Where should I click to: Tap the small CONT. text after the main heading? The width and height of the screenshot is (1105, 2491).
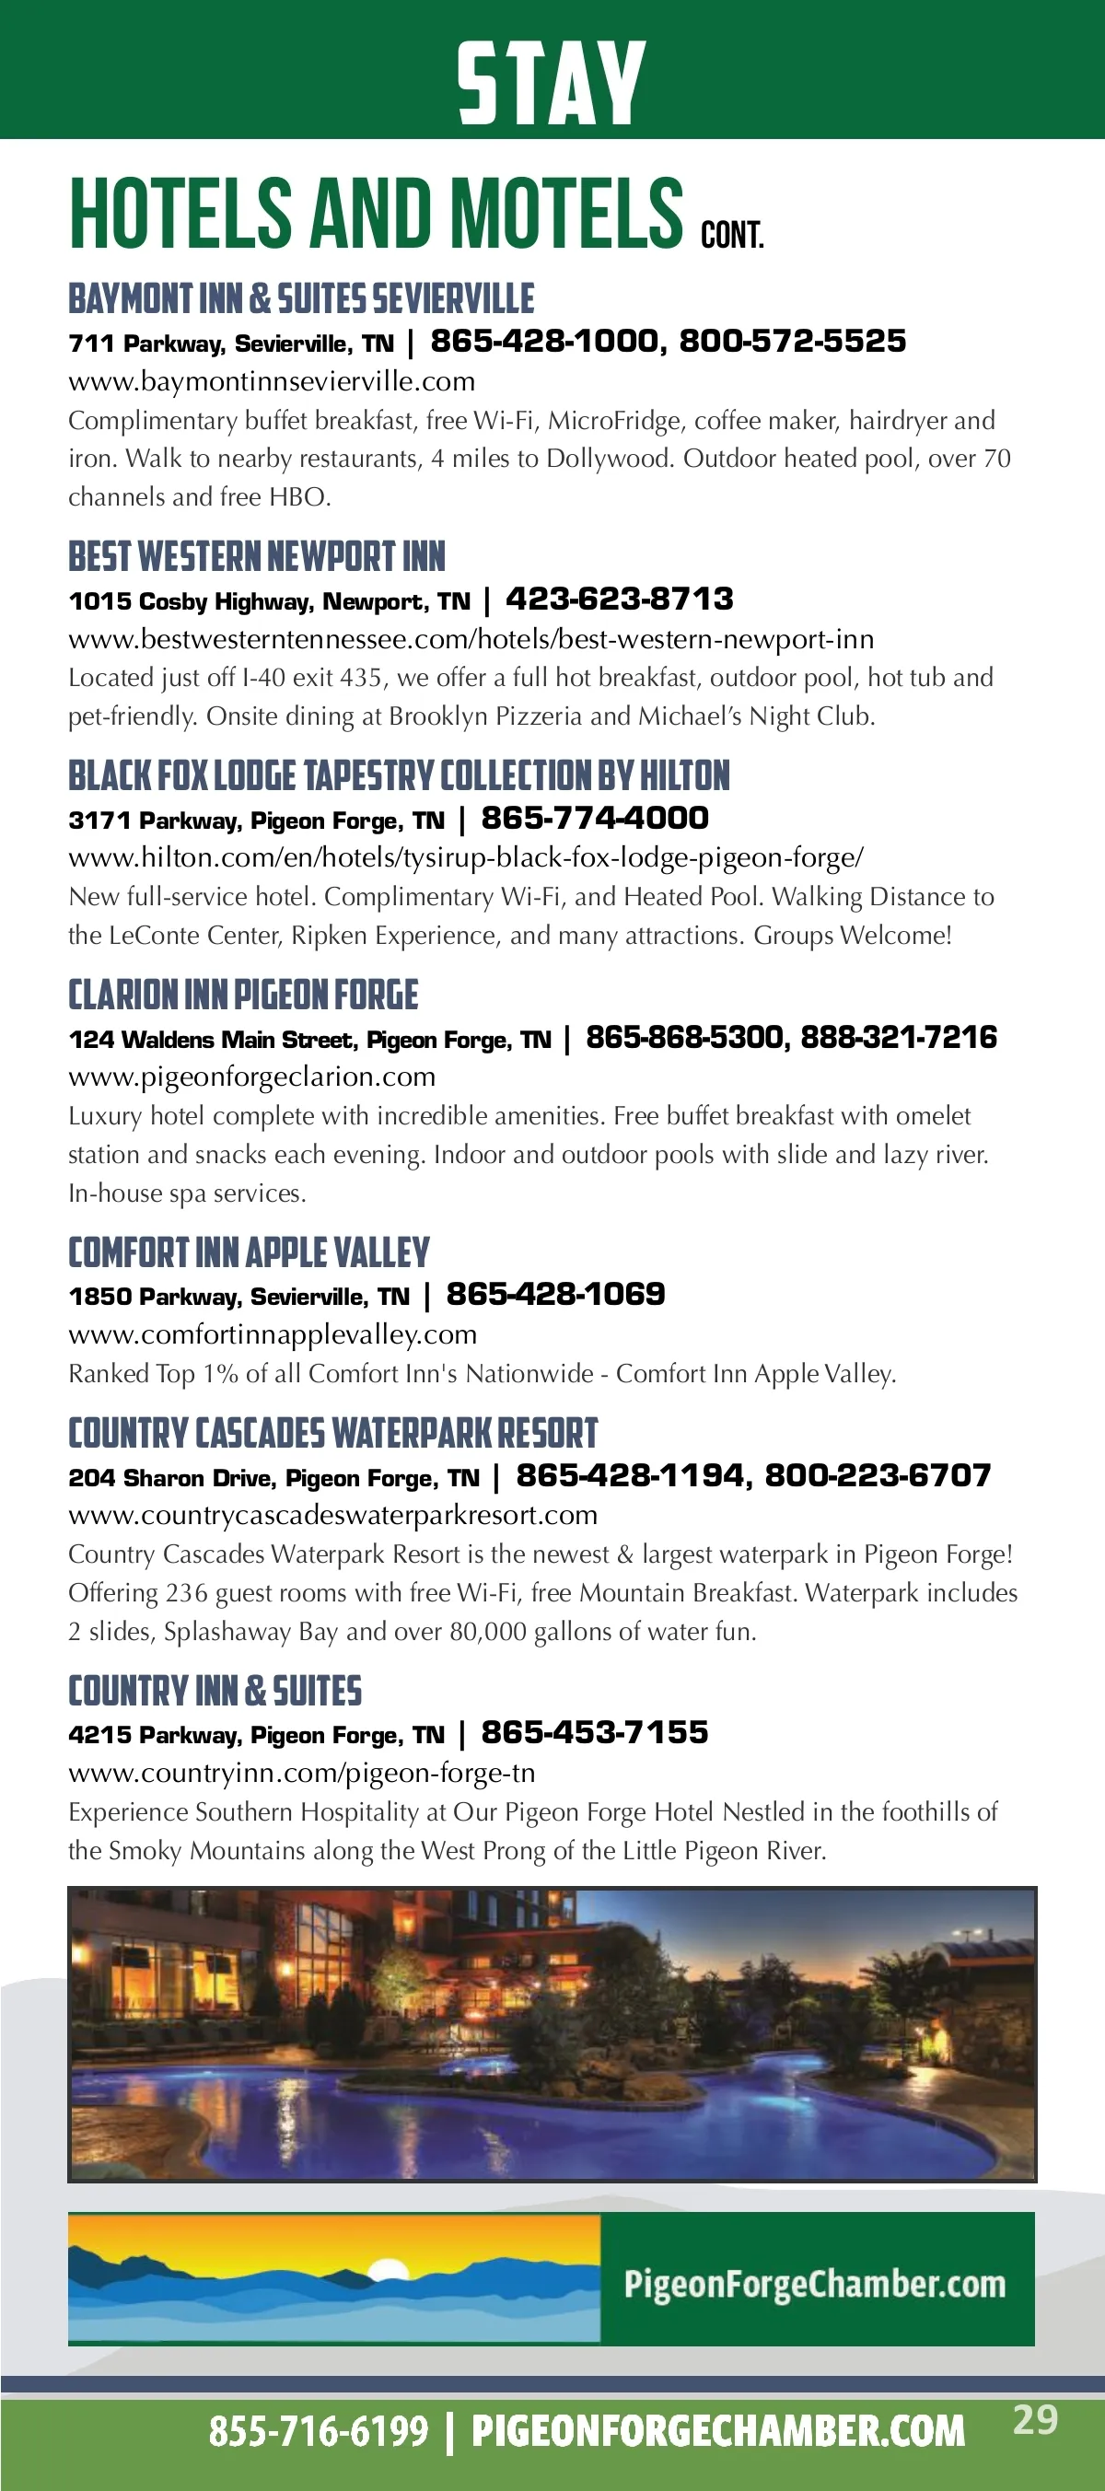point(732,235)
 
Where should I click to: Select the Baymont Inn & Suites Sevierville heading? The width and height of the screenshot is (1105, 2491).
point(301,298)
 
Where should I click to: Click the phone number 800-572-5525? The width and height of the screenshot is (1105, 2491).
point(792,342)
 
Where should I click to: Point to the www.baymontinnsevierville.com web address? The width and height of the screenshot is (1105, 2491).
point(272,381)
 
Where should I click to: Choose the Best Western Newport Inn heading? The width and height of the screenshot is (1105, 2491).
point(256,557)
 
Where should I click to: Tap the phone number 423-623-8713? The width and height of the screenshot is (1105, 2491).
point(619,599)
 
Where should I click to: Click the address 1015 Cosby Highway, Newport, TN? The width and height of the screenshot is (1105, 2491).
point(269,601)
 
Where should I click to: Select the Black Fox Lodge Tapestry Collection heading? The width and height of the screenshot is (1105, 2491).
point(399,775)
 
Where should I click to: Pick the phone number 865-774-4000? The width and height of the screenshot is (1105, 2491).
point(595,818)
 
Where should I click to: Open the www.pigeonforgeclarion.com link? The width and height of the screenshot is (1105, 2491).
point(251,1077)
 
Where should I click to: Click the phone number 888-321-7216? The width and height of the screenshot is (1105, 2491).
point(898,1038)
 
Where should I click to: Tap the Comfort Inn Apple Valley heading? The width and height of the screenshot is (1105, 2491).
point(249,1252)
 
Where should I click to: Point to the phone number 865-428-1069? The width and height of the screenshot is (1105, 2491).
point(555,1294)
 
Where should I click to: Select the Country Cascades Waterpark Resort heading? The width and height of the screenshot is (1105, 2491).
point(332,1433)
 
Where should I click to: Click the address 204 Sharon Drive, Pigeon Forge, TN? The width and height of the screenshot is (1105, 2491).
point(273,1478)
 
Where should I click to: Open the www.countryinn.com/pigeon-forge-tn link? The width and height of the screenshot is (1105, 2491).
point(302,1773)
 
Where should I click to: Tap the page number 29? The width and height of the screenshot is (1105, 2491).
point(1035,2420)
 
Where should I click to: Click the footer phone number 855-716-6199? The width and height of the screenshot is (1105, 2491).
point(318,2431)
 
